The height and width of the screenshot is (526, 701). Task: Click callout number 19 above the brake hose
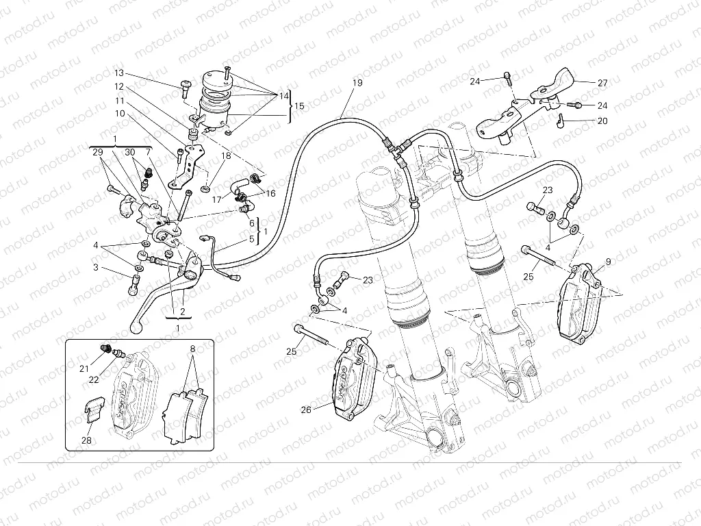click(357, 83)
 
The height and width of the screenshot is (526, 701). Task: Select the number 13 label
click(119, 73)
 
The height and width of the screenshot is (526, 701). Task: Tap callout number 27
click(602, 83)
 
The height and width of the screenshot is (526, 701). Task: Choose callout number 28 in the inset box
click(86, 440)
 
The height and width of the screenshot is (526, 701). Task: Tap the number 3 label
click(97, 267)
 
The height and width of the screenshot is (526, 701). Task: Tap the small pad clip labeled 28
click(92, 414)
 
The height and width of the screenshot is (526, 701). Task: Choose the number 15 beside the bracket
click(299, 106)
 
